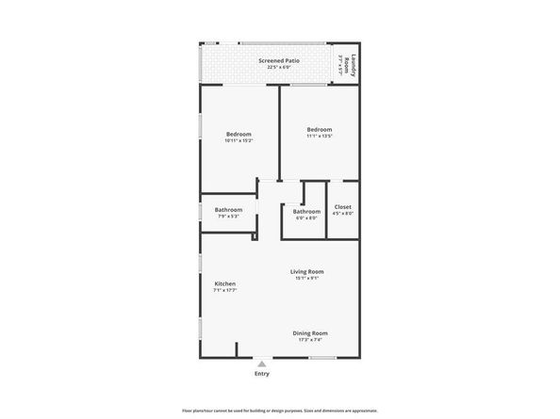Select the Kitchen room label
tap(224, 283)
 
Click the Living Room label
tap(307, 271)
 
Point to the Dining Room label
tap(309, 332)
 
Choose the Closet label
tap(342, 206)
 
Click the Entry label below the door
tap(262, 374)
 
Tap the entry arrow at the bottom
tap(262, 363)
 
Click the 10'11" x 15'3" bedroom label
tap(238, 134)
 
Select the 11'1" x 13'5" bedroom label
tap(319, 129)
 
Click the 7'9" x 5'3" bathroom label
tap(228, 210)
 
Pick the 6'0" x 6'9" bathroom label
tap(306, 212)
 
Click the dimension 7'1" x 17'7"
tap(224, 290)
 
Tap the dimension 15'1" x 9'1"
tap(307, 278)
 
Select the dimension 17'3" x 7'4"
tap(309, 339)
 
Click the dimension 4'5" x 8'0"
tap(342, 213)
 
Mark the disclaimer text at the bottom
tap(280, 411)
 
